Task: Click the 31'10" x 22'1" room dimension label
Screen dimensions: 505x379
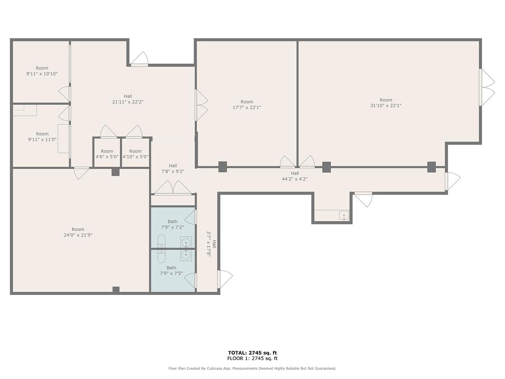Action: click(385, 106)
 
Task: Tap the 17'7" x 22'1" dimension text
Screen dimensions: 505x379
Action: click(247, 107)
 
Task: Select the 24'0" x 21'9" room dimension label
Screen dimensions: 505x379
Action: click(78, 235)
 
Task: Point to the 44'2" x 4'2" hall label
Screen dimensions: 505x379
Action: click(295, 179)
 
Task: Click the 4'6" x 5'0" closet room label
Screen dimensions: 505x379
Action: click(107, 157)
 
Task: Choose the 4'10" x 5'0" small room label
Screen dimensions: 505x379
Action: click(135, 157)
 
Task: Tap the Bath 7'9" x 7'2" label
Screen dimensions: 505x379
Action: click(172, 224)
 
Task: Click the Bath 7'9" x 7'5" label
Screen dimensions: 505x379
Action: click(171, 270)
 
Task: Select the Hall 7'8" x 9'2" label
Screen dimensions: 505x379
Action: click(173, 168)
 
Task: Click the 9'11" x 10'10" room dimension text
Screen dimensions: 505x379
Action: click(42, 74)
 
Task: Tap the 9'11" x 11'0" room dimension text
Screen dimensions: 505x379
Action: click(43, 139)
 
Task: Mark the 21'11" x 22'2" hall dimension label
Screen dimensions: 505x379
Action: click(128, 102)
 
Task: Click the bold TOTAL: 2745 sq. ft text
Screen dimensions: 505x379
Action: click(252, 353)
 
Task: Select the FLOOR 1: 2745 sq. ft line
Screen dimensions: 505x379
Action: click(252, 358)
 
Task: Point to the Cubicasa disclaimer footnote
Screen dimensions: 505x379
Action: click(252, 368)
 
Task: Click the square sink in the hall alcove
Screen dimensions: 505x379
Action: click(344, 216)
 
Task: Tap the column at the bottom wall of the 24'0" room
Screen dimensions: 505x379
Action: click(116, 290)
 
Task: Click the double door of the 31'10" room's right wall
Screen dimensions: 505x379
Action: click(487, 88)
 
